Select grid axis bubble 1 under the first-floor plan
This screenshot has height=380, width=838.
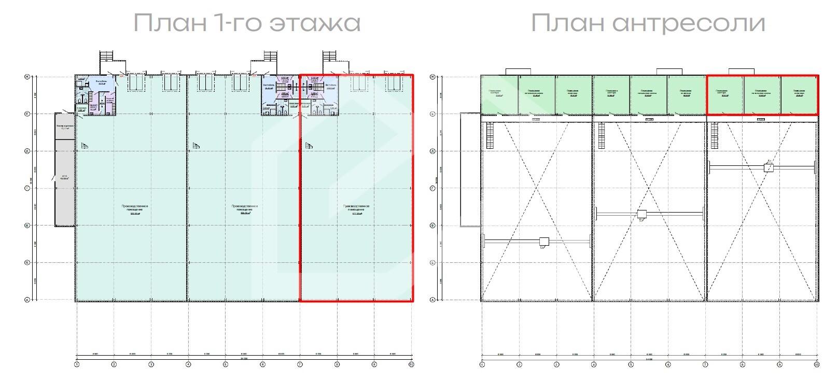[x=77, y=364]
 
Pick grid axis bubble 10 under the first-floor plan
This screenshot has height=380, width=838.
[x=411, y=364]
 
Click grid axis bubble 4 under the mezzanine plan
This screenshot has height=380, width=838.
[x=593, y=364]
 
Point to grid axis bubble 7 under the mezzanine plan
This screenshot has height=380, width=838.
[x=705, y=364]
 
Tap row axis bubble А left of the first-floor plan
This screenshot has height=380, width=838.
[x=26, y=300]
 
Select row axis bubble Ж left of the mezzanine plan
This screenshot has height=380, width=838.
[x=432, y=77]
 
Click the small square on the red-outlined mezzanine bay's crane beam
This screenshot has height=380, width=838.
[x=769, y=167]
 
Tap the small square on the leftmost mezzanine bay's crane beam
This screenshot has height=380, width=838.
[x=544, y=241]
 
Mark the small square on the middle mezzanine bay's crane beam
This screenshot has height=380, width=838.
[x=642, y=214]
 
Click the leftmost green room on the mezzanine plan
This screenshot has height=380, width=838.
[x=499, y=94]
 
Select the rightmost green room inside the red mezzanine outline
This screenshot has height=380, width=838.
[x=799, y=94]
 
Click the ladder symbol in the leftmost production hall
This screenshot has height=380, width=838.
[x=84, y=146]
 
